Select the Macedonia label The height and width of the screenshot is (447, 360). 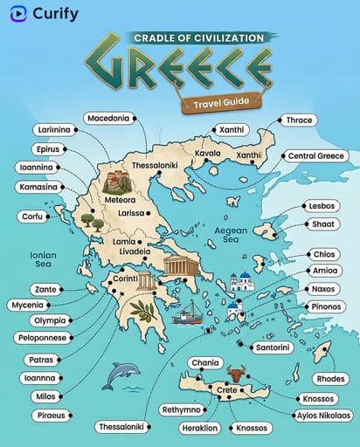tap(108, 117)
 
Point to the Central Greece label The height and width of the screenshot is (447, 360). tap(318, 155)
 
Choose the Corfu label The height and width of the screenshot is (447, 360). tap(33, 216)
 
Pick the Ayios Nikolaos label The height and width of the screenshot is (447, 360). tap(323, 415)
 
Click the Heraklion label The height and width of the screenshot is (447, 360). tap(199, 428)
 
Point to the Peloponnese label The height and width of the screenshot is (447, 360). tap(45, 337)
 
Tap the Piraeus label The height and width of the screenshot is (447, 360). tap(42, 416)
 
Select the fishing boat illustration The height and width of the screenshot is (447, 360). tap(187, 314)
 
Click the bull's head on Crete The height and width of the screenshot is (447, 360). tap(234, 375)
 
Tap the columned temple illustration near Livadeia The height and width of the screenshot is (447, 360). tap(180, 266)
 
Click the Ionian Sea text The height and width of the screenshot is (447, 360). tap(42, 259)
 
